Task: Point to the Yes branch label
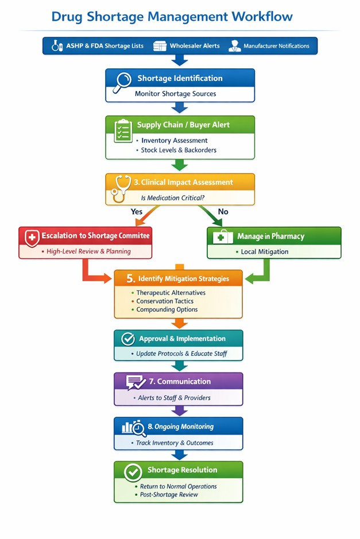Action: [x=137, y=212]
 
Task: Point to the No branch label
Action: [x=223, y=212]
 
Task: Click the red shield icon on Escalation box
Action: [x=31, y=237]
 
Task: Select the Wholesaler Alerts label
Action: [x=195, y=46]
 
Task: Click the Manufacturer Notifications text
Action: [x=276, y=46]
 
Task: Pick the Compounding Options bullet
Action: [x=167, y=309]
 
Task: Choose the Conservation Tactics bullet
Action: [x=165, y=301]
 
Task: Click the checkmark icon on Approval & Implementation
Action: [x=128, y=339]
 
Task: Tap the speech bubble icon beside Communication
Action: [x=136, y=382]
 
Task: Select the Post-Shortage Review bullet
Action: [x=169, y=494]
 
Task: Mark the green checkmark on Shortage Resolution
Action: [x=133, y=472]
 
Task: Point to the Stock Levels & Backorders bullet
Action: [x=178, y=150]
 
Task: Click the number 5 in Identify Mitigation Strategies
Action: [x=130, y=279]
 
